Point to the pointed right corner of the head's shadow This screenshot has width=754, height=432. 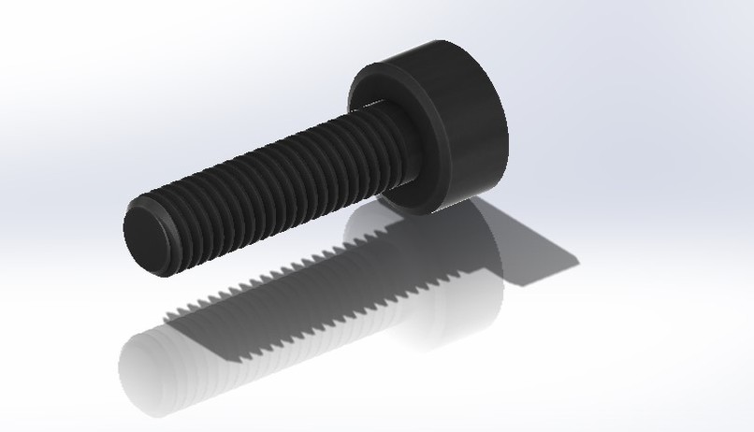pos(578,254)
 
